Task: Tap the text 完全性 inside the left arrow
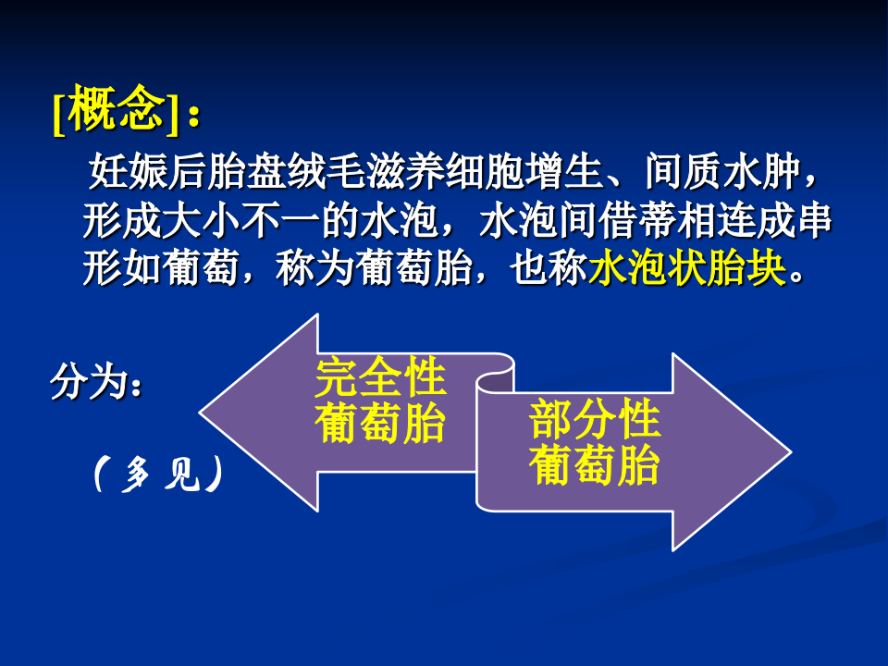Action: [x=380, y=378]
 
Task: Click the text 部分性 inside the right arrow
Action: [x=594, y=421]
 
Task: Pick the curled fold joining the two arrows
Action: [x=494, y=379]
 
